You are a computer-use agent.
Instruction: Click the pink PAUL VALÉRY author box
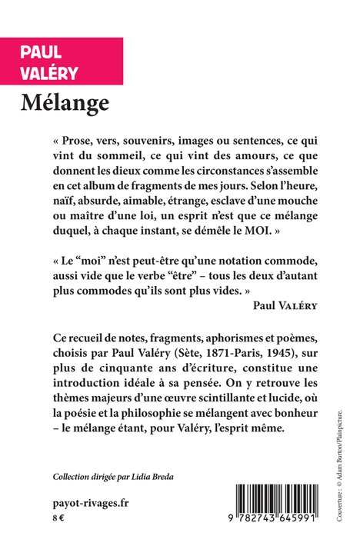pyautogui.click(x=62, y=62)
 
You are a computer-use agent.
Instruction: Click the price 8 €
pyautogui.click(x=58, y=520)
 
